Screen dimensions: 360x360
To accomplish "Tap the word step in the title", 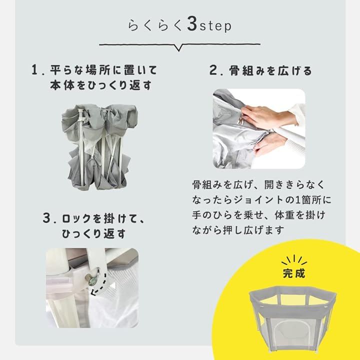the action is (x=215, y=25).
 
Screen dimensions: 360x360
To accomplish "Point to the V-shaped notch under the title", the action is (x=178, y=47).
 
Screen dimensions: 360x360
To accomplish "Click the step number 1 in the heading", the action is (x=34, y=69).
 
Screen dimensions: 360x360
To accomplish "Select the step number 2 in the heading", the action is (x=213, y=70).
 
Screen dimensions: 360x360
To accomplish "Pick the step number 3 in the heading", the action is (x=46, y=217).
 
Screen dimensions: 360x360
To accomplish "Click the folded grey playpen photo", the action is (x=99, y=147).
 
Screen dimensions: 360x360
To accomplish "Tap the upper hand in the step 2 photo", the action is (x=266, y=117).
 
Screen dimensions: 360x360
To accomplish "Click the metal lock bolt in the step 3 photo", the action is (x=92, y=278).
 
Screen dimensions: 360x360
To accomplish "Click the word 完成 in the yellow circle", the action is (x=294, y=273).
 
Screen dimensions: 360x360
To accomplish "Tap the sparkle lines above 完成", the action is (x=294, y=259).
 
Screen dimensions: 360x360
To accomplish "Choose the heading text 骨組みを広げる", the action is (x=270, y=70).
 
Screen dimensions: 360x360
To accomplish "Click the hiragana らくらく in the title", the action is (x=155, y=25).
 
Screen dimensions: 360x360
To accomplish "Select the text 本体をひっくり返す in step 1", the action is (x=101, y=85).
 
